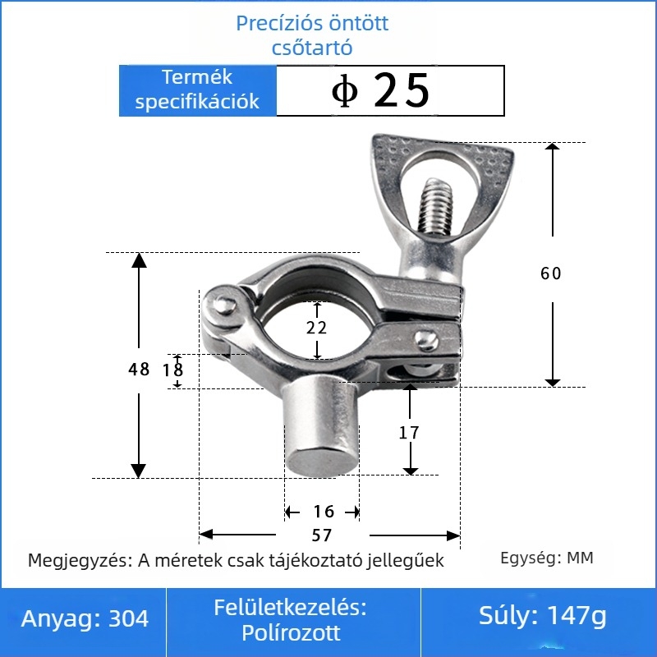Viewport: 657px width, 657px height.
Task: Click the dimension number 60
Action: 550,273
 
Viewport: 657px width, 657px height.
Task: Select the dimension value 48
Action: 139,369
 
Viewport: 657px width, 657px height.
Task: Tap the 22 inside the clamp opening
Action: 316,328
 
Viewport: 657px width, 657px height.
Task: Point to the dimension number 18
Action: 172,370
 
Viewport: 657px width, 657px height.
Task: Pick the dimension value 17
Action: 409,433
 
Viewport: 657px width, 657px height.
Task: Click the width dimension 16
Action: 324,512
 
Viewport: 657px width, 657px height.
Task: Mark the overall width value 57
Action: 322,535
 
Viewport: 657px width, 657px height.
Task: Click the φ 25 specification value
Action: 380,90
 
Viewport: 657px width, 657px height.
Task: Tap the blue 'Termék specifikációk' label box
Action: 198,90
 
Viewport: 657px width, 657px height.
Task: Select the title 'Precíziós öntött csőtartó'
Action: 312,34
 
